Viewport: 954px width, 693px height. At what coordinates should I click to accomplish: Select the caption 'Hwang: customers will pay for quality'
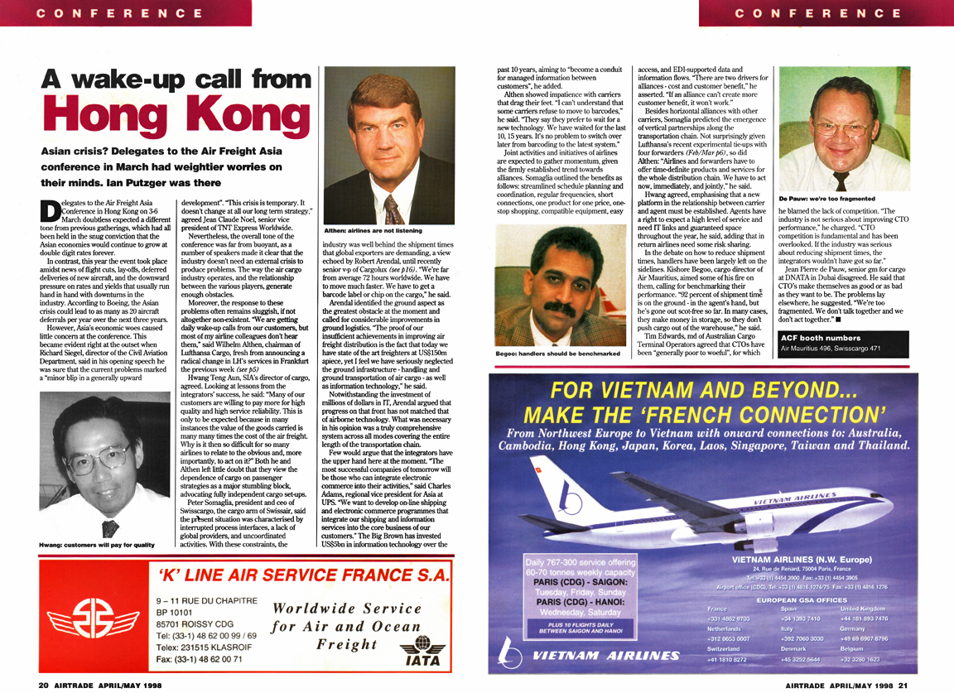point(97,544)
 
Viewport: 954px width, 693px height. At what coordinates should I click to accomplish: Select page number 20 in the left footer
point(43,686)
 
